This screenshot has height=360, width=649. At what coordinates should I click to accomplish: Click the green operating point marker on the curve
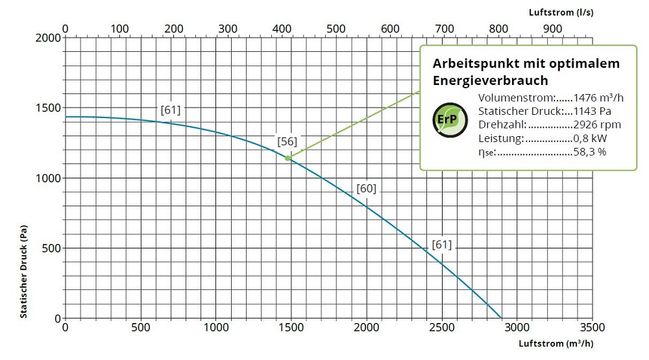288,158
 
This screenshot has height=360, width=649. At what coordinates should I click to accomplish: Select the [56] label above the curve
287,141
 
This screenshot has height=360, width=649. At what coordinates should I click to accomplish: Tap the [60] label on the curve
366,189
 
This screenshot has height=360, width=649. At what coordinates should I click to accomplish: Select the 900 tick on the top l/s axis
552,29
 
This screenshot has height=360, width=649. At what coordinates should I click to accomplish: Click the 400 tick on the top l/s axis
282,29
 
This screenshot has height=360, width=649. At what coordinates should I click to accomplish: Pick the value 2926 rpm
597,125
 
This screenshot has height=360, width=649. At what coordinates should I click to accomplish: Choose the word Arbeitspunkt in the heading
472,64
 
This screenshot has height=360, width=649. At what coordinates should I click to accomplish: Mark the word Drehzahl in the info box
501,125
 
